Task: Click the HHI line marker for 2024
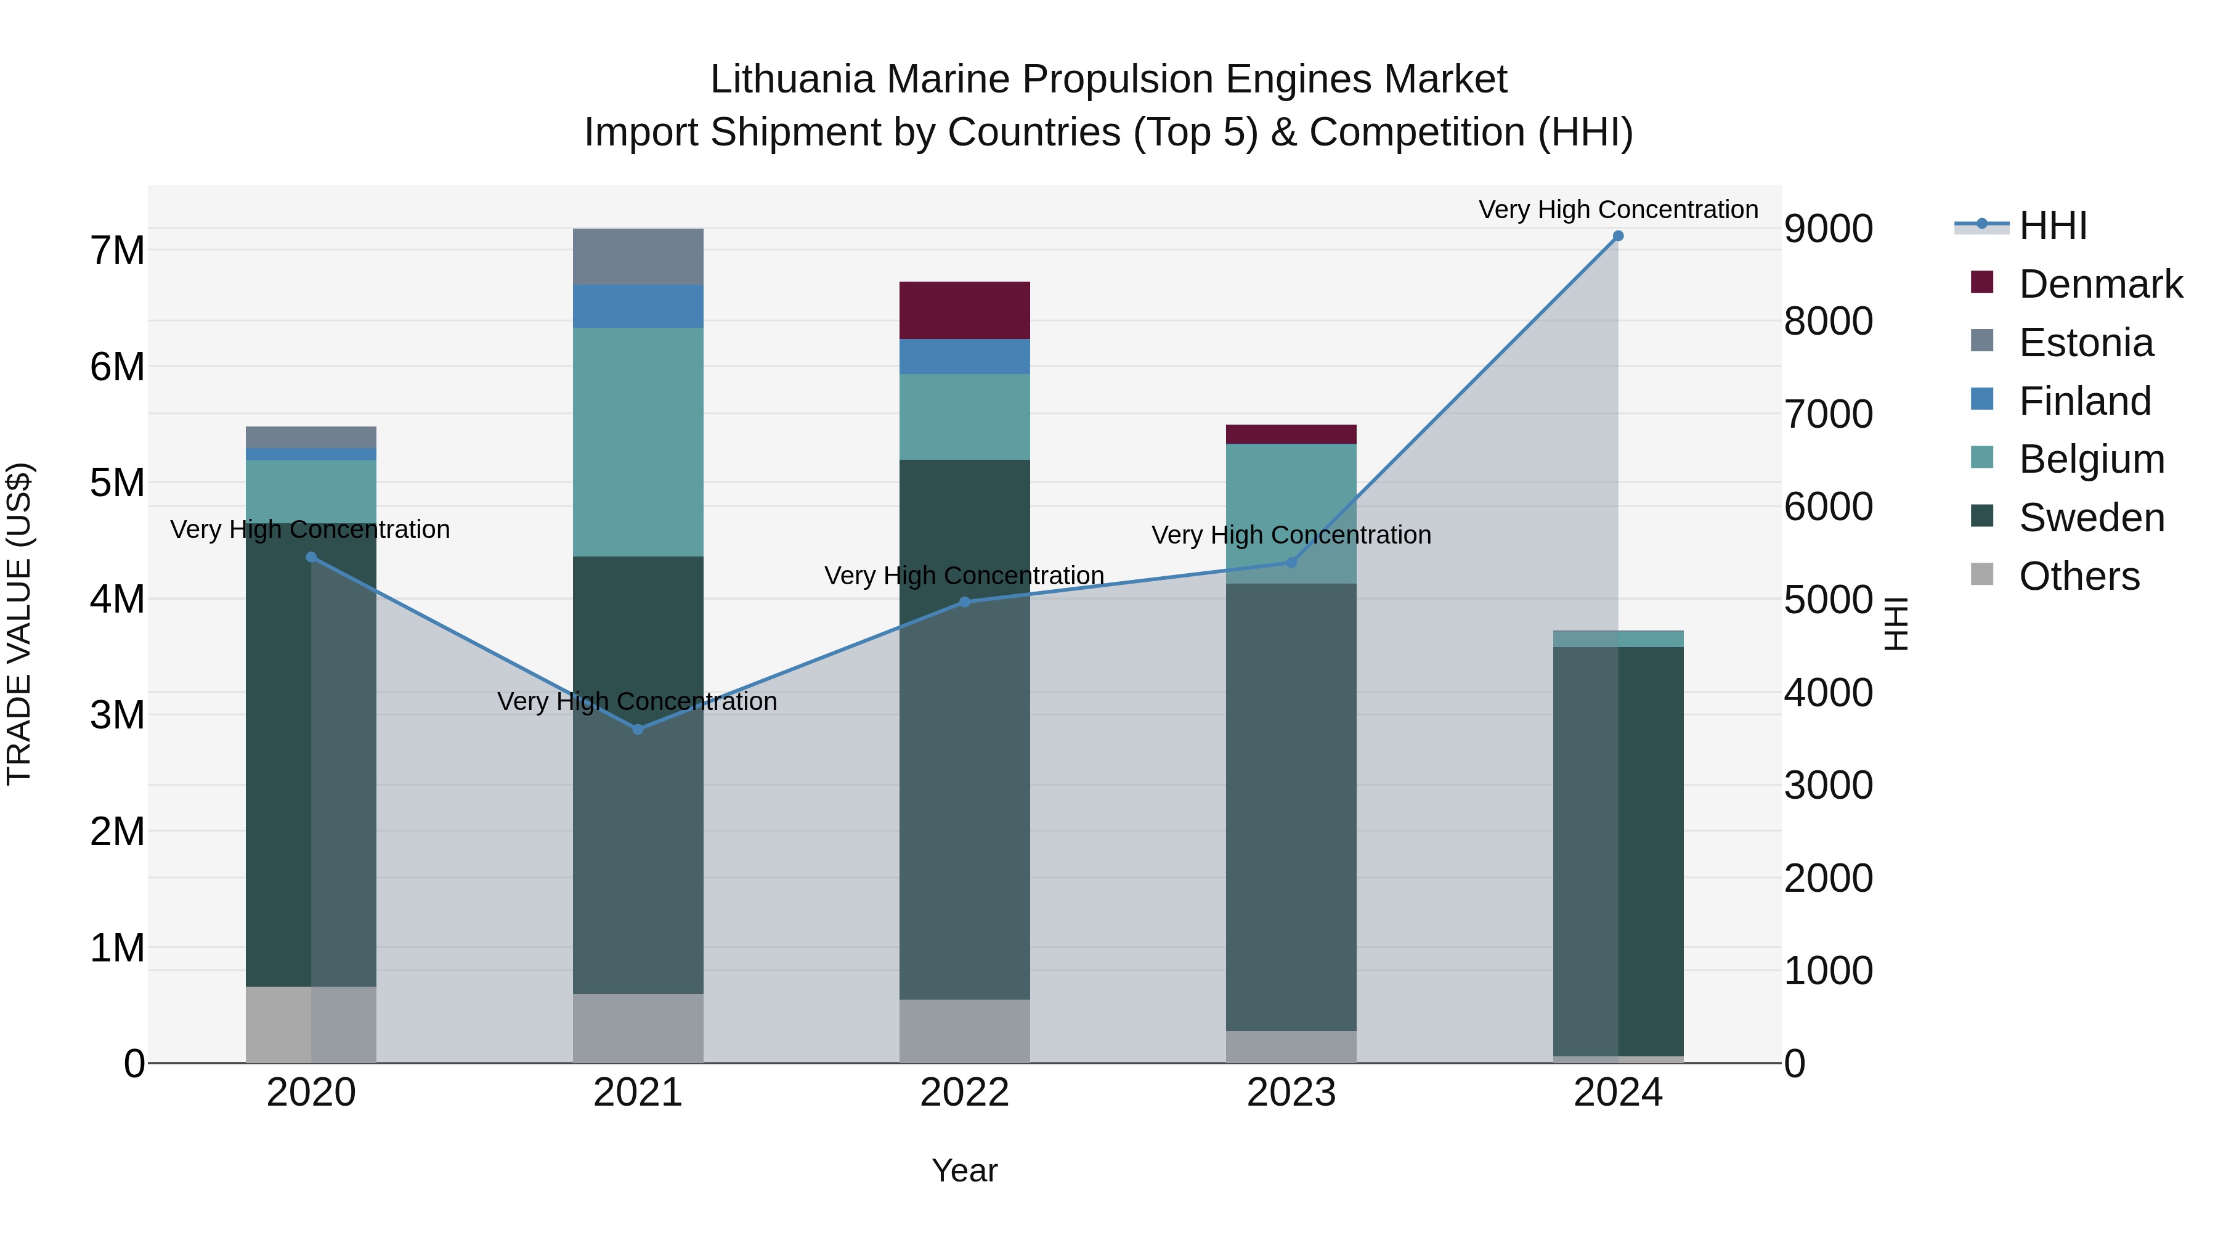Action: (x=1618, y=236)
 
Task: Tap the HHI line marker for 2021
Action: (x=638, y=730)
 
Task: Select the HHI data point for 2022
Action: (x=964, y=602)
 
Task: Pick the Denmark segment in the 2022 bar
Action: (x=964, y=310)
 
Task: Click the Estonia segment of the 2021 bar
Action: (x=638, y=256)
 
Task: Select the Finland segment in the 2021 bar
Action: (x=638, y=306)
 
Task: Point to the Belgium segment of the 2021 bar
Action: (x=638, y=442)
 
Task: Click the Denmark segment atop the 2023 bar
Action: (x=1291, y=434)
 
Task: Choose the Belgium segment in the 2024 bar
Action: (x=1618, y=639)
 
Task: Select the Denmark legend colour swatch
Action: (x=1982, y=282)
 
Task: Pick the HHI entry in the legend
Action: (x=2053, y=226)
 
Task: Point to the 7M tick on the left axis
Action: (x=118, y=251)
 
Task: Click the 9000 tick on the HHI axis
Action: (x=1828, y=229)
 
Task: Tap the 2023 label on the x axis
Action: (x=1291, y=1093)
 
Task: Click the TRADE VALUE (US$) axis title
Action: (x=20, y=624)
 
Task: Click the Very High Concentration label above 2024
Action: (x=1618, y=210)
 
